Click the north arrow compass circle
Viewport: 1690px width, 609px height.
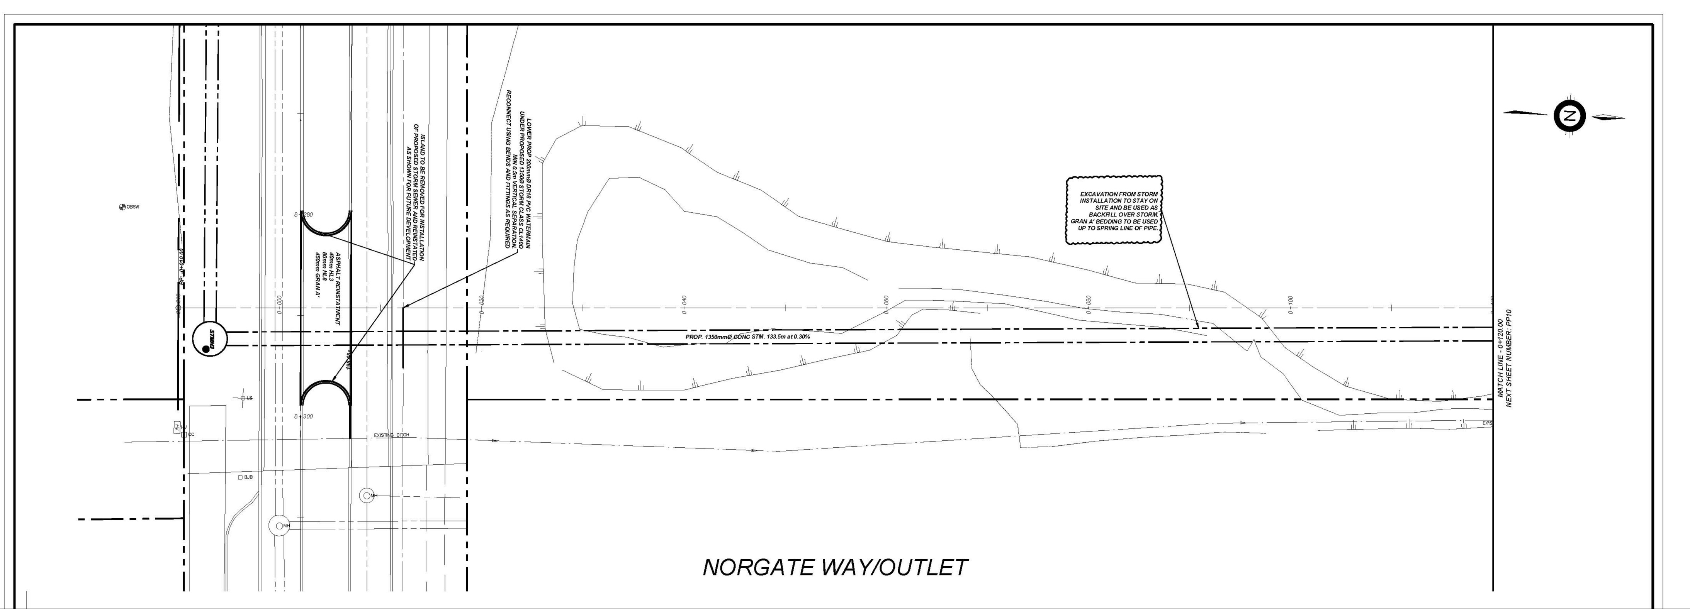pos(1569,117)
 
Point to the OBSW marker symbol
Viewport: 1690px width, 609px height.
pos(122,207)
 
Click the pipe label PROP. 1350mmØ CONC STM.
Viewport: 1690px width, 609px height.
pos(747,337)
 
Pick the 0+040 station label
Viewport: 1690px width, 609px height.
pos(684,305)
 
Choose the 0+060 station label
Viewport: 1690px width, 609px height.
pos(886,305)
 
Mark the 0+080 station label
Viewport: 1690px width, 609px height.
pos(1088,305)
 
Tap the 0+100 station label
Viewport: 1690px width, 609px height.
pos(1290,305)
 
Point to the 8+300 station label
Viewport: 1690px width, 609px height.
pos(304,416)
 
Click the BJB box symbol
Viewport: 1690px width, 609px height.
pos(241,477)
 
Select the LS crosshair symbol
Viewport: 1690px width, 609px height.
pos(243,398)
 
